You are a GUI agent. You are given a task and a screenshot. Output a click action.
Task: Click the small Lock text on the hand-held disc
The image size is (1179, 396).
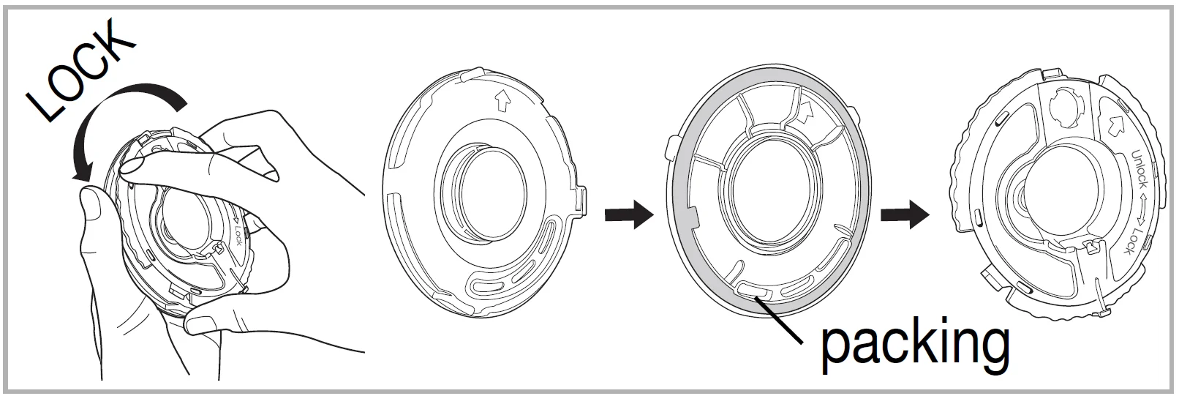coord(238,236)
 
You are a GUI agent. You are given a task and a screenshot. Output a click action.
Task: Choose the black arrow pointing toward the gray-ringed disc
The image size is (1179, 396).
coord(629,214)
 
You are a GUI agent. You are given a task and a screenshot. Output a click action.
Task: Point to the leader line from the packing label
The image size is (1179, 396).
coord(779,320)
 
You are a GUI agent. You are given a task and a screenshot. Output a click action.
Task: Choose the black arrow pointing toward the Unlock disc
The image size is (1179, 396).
coord(905,214)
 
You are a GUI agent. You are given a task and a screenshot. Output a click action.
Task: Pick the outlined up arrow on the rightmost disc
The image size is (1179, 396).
coord(1115,125)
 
